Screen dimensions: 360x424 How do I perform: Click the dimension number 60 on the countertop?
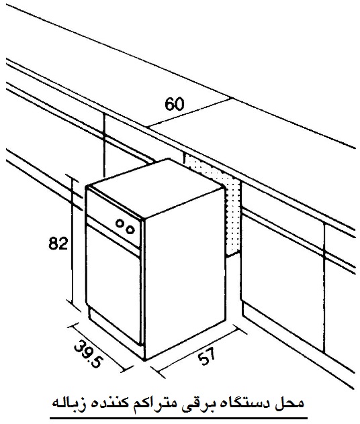click(x=175, y=104)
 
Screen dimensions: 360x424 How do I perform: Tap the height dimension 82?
click(x=58, y=243)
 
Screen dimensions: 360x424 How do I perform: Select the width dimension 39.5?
click(x=88, y=354)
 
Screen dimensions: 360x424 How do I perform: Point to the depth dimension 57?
click(x=207, y=356)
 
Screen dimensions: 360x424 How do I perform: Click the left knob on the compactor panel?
click(x=120, y=223)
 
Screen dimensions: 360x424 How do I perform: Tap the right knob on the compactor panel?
click(x=130, y=229)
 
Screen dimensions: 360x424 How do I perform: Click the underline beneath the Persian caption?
click(x=179, y=419)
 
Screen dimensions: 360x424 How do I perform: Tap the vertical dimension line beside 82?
click(x=73, y=241)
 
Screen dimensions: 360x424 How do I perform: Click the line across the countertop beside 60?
click(x=189, y=113)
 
